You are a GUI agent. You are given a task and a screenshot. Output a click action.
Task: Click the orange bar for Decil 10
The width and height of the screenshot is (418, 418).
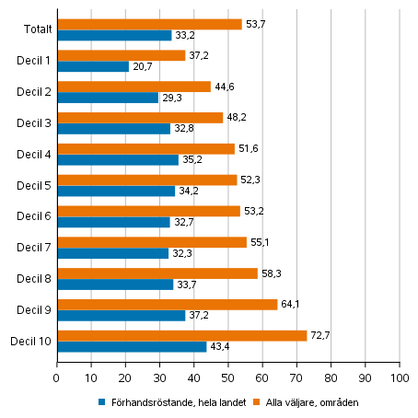[181, 335]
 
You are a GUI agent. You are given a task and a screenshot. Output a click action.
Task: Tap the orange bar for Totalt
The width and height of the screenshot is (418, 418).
[149, 24]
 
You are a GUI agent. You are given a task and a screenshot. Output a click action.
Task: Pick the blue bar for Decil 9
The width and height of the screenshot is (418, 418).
[121, 315]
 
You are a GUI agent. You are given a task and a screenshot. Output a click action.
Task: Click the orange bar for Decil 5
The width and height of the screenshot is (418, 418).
[146, 180]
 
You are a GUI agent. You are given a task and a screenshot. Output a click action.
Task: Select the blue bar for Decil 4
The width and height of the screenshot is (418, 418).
[117, 159]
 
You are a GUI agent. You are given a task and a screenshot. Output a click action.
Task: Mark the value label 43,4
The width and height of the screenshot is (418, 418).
[218, 346]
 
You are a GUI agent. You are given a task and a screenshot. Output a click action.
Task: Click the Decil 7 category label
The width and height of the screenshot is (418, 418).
[34, 247]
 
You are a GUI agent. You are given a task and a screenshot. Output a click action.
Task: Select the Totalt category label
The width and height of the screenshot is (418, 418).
[38, 29]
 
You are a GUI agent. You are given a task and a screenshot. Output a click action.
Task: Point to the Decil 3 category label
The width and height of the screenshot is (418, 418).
[34, 122]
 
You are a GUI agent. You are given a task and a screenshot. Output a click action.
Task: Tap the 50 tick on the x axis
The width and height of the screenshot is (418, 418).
[228, 377]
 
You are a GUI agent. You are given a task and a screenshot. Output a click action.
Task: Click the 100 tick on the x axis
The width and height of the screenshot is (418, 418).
[400, 377]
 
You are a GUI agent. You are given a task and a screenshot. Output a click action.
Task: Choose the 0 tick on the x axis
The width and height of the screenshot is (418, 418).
[57, 377]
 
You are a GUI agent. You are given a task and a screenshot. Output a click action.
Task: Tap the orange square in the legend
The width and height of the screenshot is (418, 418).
[259, 402]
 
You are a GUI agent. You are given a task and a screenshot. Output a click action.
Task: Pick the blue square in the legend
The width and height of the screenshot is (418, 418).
[102, 402]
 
